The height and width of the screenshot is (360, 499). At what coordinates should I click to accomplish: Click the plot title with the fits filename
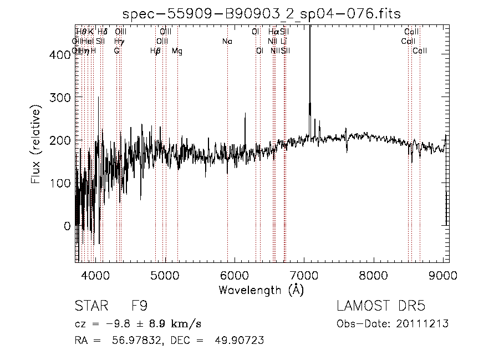261,14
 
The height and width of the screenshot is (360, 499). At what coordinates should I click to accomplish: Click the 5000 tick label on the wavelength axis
165,275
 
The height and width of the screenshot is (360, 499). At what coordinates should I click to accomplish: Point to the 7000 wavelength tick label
304,275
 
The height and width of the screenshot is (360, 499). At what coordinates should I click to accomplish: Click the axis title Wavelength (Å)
261,290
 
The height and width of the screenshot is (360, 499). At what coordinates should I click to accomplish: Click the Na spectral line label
227,41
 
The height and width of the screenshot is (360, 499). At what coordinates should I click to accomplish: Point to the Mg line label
177,51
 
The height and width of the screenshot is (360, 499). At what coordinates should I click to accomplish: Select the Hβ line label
156,51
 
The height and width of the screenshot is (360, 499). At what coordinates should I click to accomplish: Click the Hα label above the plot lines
273,32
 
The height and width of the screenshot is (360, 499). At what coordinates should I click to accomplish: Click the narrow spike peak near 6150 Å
245,114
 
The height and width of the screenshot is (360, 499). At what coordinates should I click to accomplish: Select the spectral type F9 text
140,306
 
